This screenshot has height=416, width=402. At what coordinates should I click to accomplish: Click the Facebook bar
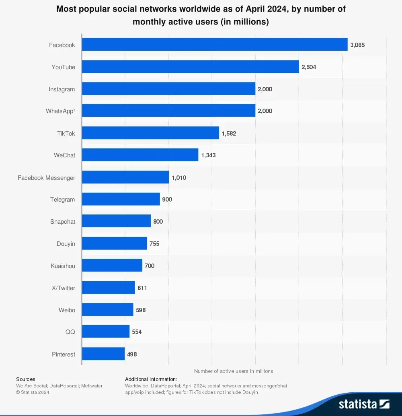pos(214,45)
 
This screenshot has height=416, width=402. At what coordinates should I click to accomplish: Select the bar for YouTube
pos(190,67)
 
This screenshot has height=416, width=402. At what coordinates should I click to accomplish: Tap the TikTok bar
pos(150,133)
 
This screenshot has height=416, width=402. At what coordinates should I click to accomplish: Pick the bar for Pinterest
pos(103,354)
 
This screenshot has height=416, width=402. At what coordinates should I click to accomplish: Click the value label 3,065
pos(357,45)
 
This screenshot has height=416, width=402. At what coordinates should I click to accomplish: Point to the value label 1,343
pos(208,155)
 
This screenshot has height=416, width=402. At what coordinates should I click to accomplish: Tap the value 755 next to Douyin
pos(154,244)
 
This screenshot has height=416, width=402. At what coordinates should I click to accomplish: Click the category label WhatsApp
pos(60,111)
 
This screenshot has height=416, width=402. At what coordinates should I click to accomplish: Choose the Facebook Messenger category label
pos(46,177)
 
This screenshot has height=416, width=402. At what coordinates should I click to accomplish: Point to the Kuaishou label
pos(63,266)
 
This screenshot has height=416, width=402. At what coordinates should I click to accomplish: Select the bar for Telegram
pos(121,199)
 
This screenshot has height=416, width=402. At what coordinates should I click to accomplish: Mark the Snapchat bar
pos(116,221)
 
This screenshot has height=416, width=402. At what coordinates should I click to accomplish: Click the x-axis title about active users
pos(234,371)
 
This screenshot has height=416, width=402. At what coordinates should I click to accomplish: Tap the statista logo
pos(364,404)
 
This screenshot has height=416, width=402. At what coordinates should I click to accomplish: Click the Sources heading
pos(26,379)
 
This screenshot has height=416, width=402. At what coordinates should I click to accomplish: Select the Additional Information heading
pos(151,379)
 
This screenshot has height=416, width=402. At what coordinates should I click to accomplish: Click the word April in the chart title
pos(254,9)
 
